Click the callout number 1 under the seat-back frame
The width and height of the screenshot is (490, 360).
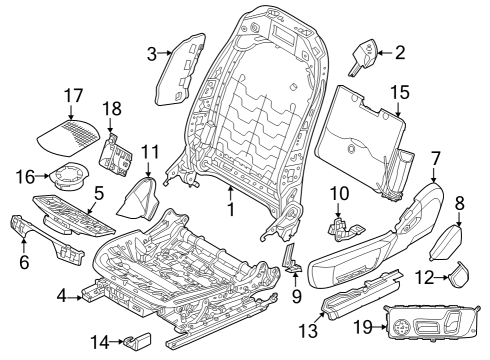tap(231, 212)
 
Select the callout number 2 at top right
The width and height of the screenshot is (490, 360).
tap(399, 53)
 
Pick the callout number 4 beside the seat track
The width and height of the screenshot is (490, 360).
tap(62, 296)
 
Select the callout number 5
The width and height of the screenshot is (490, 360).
tap(98, 192)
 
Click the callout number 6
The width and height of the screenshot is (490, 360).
tap(23, 263)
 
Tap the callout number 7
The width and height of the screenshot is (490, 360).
tap(435, 157)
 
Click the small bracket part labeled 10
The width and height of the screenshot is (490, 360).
tap(343, 225)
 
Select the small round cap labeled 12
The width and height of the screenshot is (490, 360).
tap(461, 273)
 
